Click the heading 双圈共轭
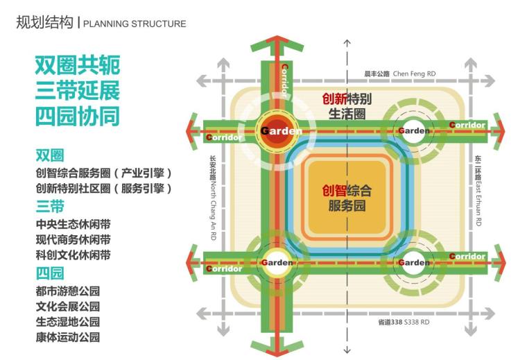(78, 66)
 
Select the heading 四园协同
(78, 116)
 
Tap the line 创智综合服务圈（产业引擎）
(103, 172)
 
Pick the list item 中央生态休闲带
(73, 225)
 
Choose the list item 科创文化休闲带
(73, 255)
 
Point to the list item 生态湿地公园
(68, 322)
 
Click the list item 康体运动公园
(68, 338)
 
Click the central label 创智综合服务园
(347, 197)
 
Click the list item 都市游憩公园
(68, 291)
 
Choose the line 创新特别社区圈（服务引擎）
(103, 188)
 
